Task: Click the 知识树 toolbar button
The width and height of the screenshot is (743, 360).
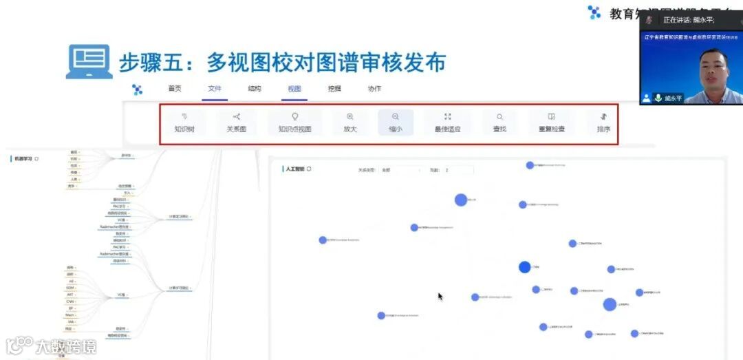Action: pyautogui.click(x=184, y=123)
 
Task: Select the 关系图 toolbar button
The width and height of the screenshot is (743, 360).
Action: pyautogui.click(x=237, y=123)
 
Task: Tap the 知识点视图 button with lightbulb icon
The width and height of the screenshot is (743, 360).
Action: pyautogui.click(x=294, y=123)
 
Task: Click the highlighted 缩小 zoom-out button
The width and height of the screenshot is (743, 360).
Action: pyautogui.click(x=396, y=123)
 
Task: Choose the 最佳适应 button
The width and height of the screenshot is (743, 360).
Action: pyautogui.click(x=447, y=123)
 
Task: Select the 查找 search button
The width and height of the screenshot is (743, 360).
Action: pyautogui.click(x=499, y=123)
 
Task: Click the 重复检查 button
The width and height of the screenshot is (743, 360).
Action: pyautogui.click(x=551, y=123)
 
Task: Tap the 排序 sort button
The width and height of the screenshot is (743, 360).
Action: pyautogui.click(x=603, y=123)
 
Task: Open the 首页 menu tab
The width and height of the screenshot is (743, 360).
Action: pyautogui.click(x=175, y=89)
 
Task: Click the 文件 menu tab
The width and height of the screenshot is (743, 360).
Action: pyautogui.click(x=215, y=89)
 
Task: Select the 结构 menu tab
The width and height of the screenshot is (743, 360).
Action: pyautogui.click(x=255, y=89)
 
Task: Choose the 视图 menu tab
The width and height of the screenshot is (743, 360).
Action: pyautogui.click(x=294, y=89)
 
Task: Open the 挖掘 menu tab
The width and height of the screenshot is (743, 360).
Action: pyautogui.click(x=334, y=89)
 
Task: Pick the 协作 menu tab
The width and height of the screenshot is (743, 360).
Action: pyautogui.click(x=374, y=89)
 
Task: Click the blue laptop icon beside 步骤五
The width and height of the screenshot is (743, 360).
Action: pyautogui.click(x=89, y=62)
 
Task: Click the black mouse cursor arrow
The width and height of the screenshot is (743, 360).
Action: pyautogui.click(x=440, y=296)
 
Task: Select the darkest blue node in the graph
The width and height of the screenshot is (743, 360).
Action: pyautogui.click(x=525, y=267)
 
